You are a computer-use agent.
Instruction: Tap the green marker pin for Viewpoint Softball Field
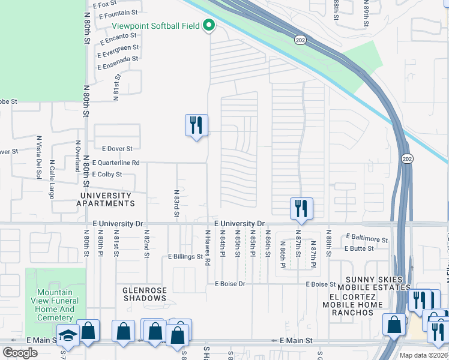(209, 26)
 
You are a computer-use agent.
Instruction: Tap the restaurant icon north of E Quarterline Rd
(196, 125)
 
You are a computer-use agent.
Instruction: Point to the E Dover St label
(117, 148)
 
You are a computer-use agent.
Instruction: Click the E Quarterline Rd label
(116, 163)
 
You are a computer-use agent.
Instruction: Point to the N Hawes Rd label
(208, 248)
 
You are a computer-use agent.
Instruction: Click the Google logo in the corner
(20, 353)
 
